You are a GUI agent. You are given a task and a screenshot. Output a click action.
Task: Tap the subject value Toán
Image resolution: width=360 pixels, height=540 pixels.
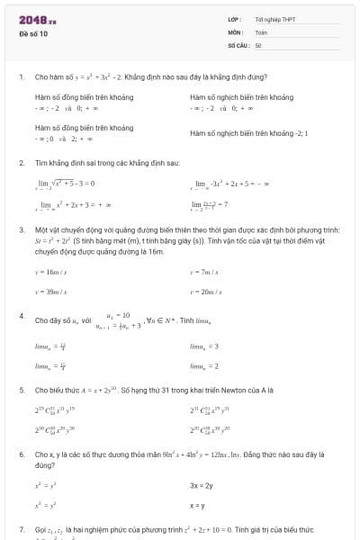pos(261,31)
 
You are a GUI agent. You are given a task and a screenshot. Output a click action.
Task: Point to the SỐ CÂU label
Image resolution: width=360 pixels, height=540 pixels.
pos(238,44)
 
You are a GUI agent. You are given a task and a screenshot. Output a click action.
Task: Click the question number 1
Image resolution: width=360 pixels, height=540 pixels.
pos(21,76)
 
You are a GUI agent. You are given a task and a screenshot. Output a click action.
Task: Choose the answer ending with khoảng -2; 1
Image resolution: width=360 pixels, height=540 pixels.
pos(248,133)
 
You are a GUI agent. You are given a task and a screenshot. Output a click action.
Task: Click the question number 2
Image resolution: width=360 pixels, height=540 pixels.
pos(21,163)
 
